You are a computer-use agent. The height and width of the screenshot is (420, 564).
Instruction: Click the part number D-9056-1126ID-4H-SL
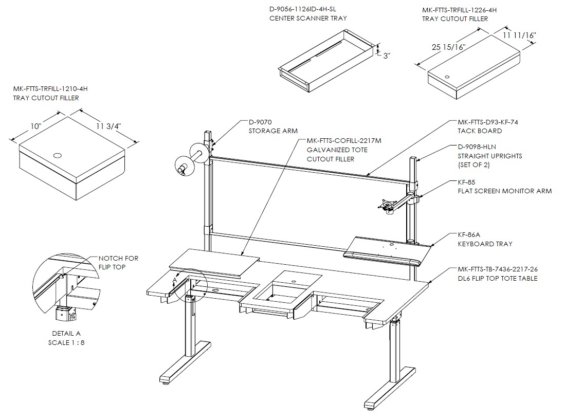(x=302, y=9)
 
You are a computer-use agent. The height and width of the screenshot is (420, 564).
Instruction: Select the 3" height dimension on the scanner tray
(x=387, y=56)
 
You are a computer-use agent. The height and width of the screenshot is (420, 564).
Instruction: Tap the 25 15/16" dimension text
(x=448, y=47)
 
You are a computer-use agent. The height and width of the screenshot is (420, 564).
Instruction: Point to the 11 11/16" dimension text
(x=519, y=35)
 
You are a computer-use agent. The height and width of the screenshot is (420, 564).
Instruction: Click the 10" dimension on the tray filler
(x=36, y=126)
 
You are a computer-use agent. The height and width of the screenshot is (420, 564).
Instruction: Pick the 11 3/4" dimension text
(x=108, y=126)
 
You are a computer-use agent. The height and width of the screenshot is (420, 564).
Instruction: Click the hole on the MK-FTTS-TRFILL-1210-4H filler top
(x=57, y=156)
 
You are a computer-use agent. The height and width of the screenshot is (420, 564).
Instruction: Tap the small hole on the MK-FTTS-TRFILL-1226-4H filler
(x=447, y=77)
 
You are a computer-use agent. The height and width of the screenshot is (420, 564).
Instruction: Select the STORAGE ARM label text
(x=273, y=131)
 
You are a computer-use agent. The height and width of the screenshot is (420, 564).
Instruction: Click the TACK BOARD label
(x=480, y=131)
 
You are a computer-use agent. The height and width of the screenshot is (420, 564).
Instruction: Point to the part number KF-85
(x=466, y=182)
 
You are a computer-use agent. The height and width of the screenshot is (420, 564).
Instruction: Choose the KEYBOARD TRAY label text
(x=485, y=244)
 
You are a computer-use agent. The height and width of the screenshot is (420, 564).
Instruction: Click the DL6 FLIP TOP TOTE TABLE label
(x=498, y=278)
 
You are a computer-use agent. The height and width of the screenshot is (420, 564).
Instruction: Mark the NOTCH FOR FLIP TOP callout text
(x=118, y=263)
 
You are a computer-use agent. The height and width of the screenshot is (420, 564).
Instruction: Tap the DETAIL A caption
(x=66, y=333)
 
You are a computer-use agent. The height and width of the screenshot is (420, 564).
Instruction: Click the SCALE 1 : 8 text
(x=66, y=343)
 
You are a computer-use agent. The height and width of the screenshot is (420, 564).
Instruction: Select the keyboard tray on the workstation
(x=387, y=251)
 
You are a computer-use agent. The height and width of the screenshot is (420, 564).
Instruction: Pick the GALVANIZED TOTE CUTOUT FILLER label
(x=337, y=155)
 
